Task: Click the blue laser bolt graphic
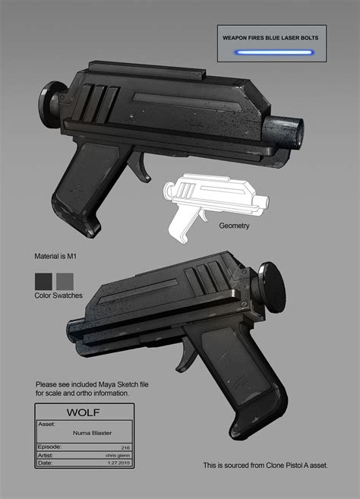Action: (x=275, y=52)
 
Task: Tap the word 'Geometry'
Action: (x=234, y=226)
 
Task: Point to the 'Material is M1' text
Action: (x=60, y=257)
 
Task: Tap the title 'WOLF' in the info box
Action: (x=84, y=415)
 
